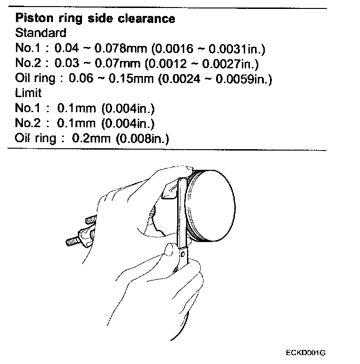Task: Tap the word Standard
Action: pos(41,33)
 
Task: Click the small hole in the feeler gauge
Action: pos(183,255)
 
